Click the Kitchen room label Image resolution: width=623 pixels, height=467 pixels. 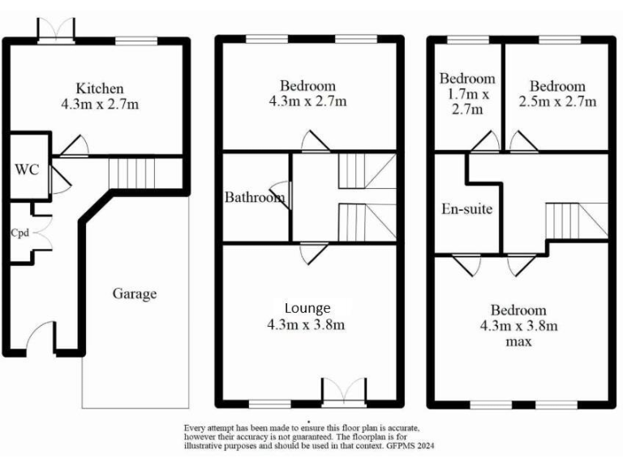click(x=100, y=88)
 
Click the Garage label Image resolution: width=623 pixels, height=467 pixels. click(x=134, y=294)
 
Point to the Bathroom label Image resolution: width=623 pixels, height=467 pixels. click(x=254, y=197)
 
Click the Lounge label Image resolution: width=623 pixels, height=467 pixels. click(x=307, y=308)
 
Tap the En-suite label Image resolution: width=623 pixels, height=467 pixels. click(x=467, y=209)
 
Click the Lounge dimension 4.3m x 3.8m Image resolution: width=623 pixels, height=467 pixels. click(x=307, y=325)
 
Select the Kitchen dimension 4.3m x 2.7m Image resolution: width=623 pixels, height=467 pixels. click(x=100, y=105)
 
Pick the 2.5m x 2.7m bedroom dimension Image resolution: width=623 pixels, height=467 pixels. click(x=557, y=101)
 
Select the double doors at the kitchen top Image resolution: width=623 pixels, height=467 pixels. click(x=57, y=29)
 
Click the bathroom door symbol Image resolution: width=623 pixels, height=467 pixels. click(x=286, y=194)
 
